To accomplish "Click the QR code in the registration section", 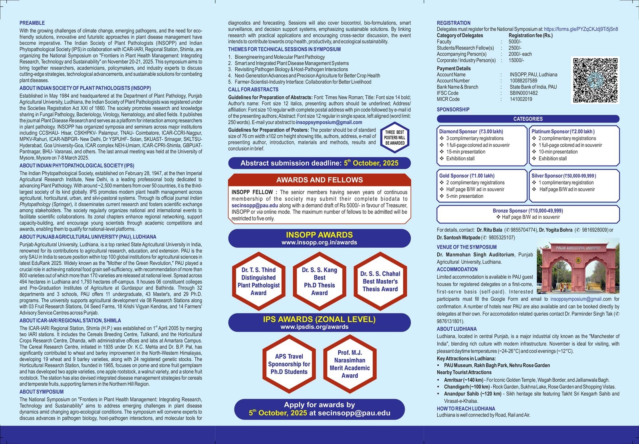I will [595, 80].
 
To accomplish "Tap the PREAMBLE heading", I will [32, 23].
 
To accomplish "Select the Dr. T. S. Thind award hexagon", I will [258, 281].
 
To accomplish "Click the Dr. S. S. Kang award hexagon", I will [319, 281].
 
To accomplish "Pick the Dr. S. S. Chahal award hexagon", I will [380, 281].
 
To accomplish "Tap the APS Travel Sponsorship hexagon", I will [289, 364].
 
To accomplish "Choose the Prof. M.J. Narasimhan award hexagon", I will [349, 364].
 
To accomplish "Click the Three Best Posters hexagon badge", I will [395, 138].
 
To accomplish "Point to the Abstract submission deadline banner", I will [319, 163].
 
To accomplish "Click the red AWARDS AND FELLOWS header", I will [319, 180].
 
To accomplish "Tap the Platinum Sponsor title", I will [563, 132].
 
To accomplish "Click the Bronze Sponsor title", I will [528, 211].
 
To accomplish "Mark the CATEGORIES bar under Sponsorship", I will [528, 119].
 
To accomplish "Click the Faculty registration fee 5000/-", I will [515, 42].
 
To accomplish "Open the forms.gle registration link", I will [581, 29].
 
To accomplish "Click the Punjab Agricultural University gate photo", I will [578, 266].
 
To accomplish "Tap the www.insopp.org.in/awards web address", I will [319, 242].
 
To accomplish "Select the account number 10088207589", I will [523, 81].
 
